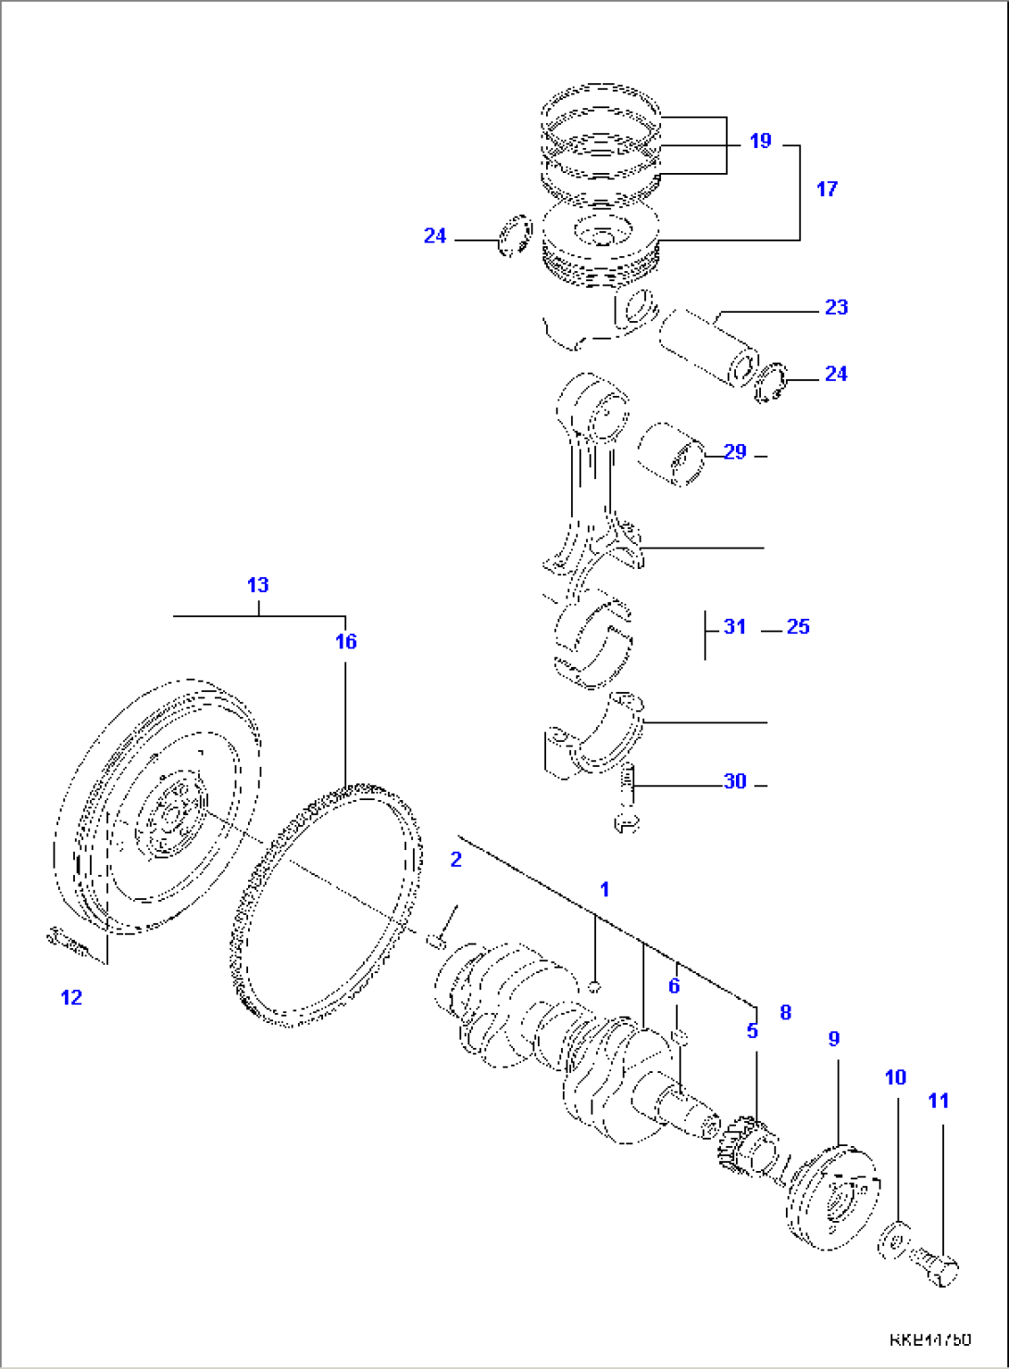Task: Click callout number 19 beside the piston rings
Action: pyautogui.click(x=760, y=142)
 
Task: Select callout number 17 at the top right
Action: pyautogui.click(x=827, y=189)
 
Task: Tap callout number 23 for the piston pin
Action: pyautogui.click(x=836, y=307)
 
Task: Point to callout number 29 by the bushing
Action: pyautogui.click(x=735, y=452)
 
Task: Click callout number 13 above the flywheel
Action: pyautogui.click(x=257, y=585)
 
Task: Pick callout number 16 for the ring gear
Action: pyautogui.click(x=345, y=642)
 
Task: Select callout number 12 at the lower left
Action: pyautogui.click(x=71, y=997)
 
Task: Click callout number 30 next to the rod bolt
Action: pyautogui.click(x=735, y=782)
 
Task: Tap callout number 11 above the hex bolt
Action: pyautogui.click(x=939, y=1101)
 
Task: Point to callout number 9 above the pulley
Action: pyautogui.click(x=833, y=1039)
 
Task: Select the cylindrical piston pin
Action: pyautogui.click(x=708, y=349)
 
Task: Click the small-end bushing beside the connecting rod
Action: pyautogui.click(x=671, y=454)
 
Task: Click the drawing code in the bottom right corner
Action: pyautogui.click(x=930, y=1339)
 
